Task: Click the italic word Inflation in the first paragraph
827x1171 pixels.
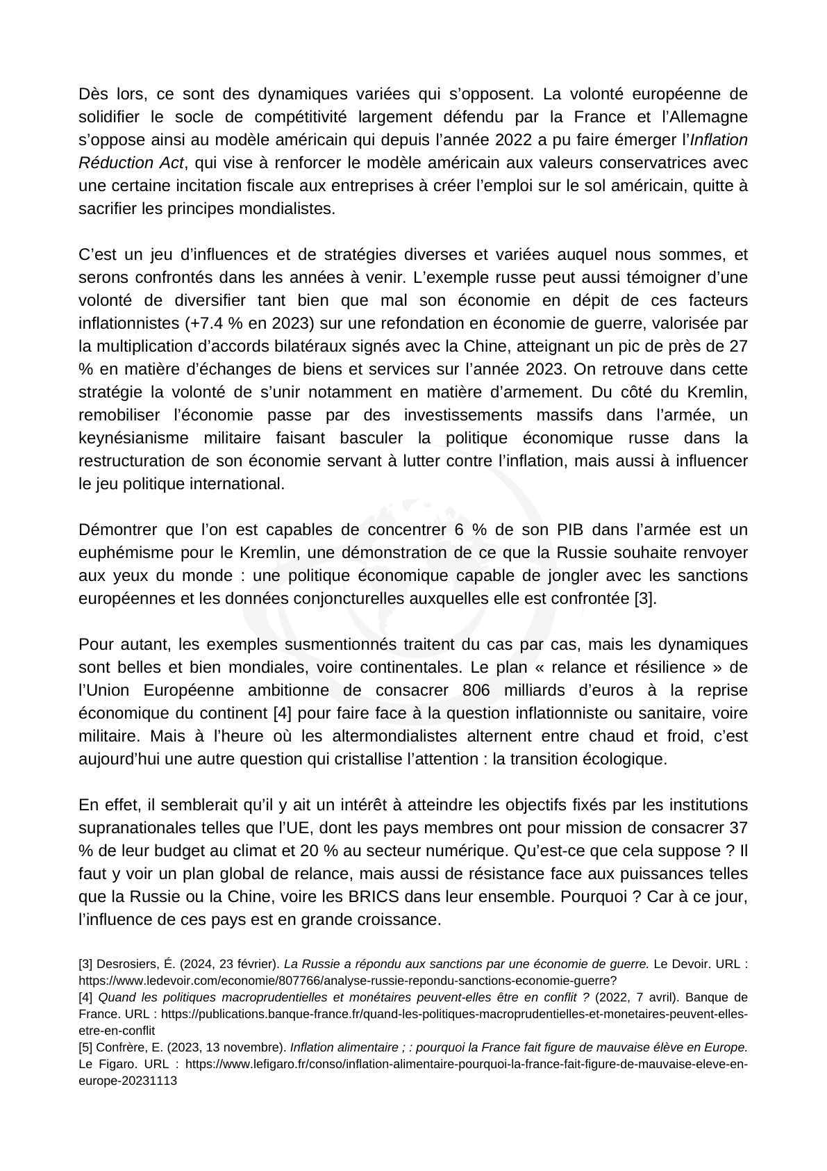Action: pos(722,140)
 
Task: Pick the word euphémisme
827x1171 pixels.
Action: pos(122,552)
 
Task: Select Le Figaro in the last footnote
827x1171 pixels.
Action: pos(102,1064)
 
